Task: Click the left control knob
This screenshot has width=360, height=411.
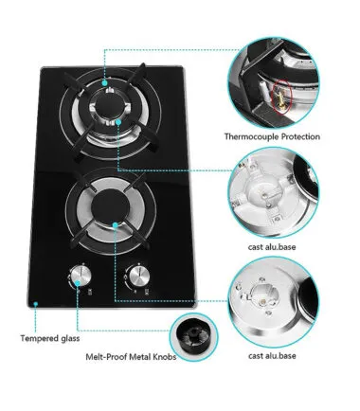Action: pyautogui.click(x=81, y=276)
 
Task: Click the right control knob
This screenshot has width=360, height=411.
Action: pyautogui.click(x=138, y=276)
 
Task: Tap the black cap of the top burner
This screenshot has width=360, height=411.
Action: pyautogui.click(x=109, y=107)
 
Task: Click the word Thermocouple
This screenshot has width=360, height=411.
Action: pyautogui.click(x=251, y=137)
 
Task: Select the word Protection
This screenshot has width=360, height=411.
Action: pyautogui.click(x=300, y=137)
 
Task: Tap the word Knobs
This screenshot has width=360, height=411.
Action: pyautogui.click(x=165, y=357)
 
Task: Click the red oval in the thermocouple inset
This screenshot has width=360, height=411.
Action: pyautogui.click(x=282, y=96)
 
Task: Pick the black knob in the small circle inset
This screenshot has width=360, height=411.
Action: pyautogui.click(x=193, y=337)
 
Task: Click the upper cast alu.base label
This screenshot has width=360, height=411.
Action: pyautogui.click(x=272, y=247)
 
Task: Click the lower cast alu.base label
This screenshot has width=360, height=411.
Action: pyautogui.click(x=272, y=356)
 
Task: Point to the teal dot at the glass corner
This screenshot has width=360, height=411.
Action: pyautogui.click(x=36, y=304)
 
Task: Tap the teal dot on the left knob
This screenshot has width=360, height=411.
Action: pyautogui.click(x=78, y=283)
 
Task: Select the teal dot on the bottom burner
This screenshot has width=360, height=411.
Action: pyautogui.click(x=116, y=225)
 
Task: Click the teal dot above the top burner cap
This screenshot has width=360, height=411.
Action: pyautogui.click(x=105, y=82)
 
